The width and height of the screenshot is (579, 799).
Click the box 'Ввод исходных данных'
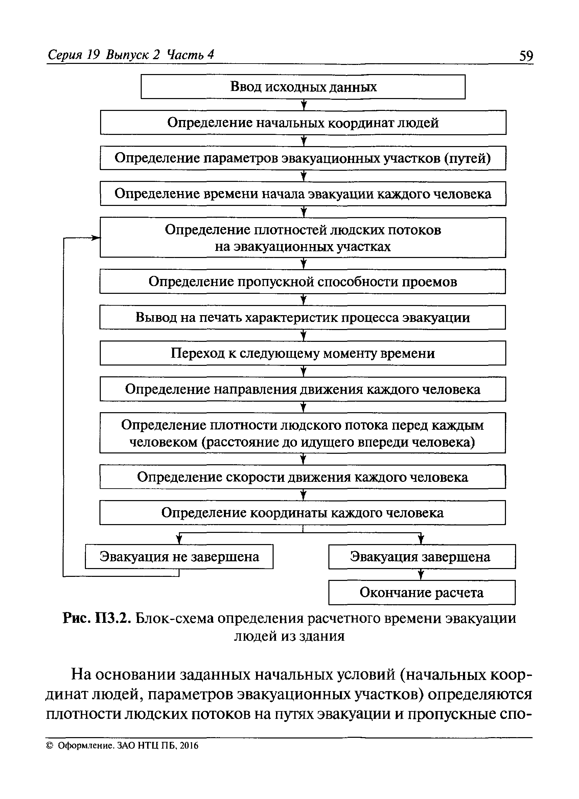pyautogui.click(x=303, y=87)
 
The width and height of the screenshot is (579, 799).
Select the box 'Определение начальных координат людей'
pyautogui.click(x=303, y=123)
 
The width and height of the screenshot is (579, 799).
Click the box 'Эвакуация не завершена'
pyautogui.click(x=179, y=557)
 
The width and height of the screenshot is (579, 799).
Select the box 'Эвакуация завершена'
pyautogui.click(x=422, y=557)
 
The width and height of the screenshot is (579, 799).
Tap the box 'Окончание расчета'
pyautogui.click(x=422, y=592)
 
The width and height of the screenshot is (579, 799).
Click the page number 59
pyautogui.click(x=526, y=56)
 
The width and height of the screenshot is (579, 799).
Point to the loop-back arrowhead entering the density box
pyautogui.click(x=96, y=238)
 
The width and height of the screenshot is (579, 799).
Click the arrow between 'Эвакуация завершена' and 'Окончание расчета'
pyautogui.click(x=420, y=574)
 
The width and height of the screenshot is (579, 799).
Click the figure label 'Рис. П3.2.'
pyautogui.click(x=97, y=619)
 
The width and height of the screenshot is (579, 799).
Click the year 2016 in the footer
pyautogui.click(x=190, y=746)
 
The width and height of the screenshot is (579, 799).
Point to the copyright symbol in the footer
pyautogui.click(x=50, y=746)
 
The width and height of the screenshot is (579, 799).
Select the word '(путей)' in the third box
pyautogui.click(x=467, y=159)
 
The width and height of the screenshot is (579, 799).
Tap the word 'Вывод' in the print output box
pyautogui.click(x=156, y=318)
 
